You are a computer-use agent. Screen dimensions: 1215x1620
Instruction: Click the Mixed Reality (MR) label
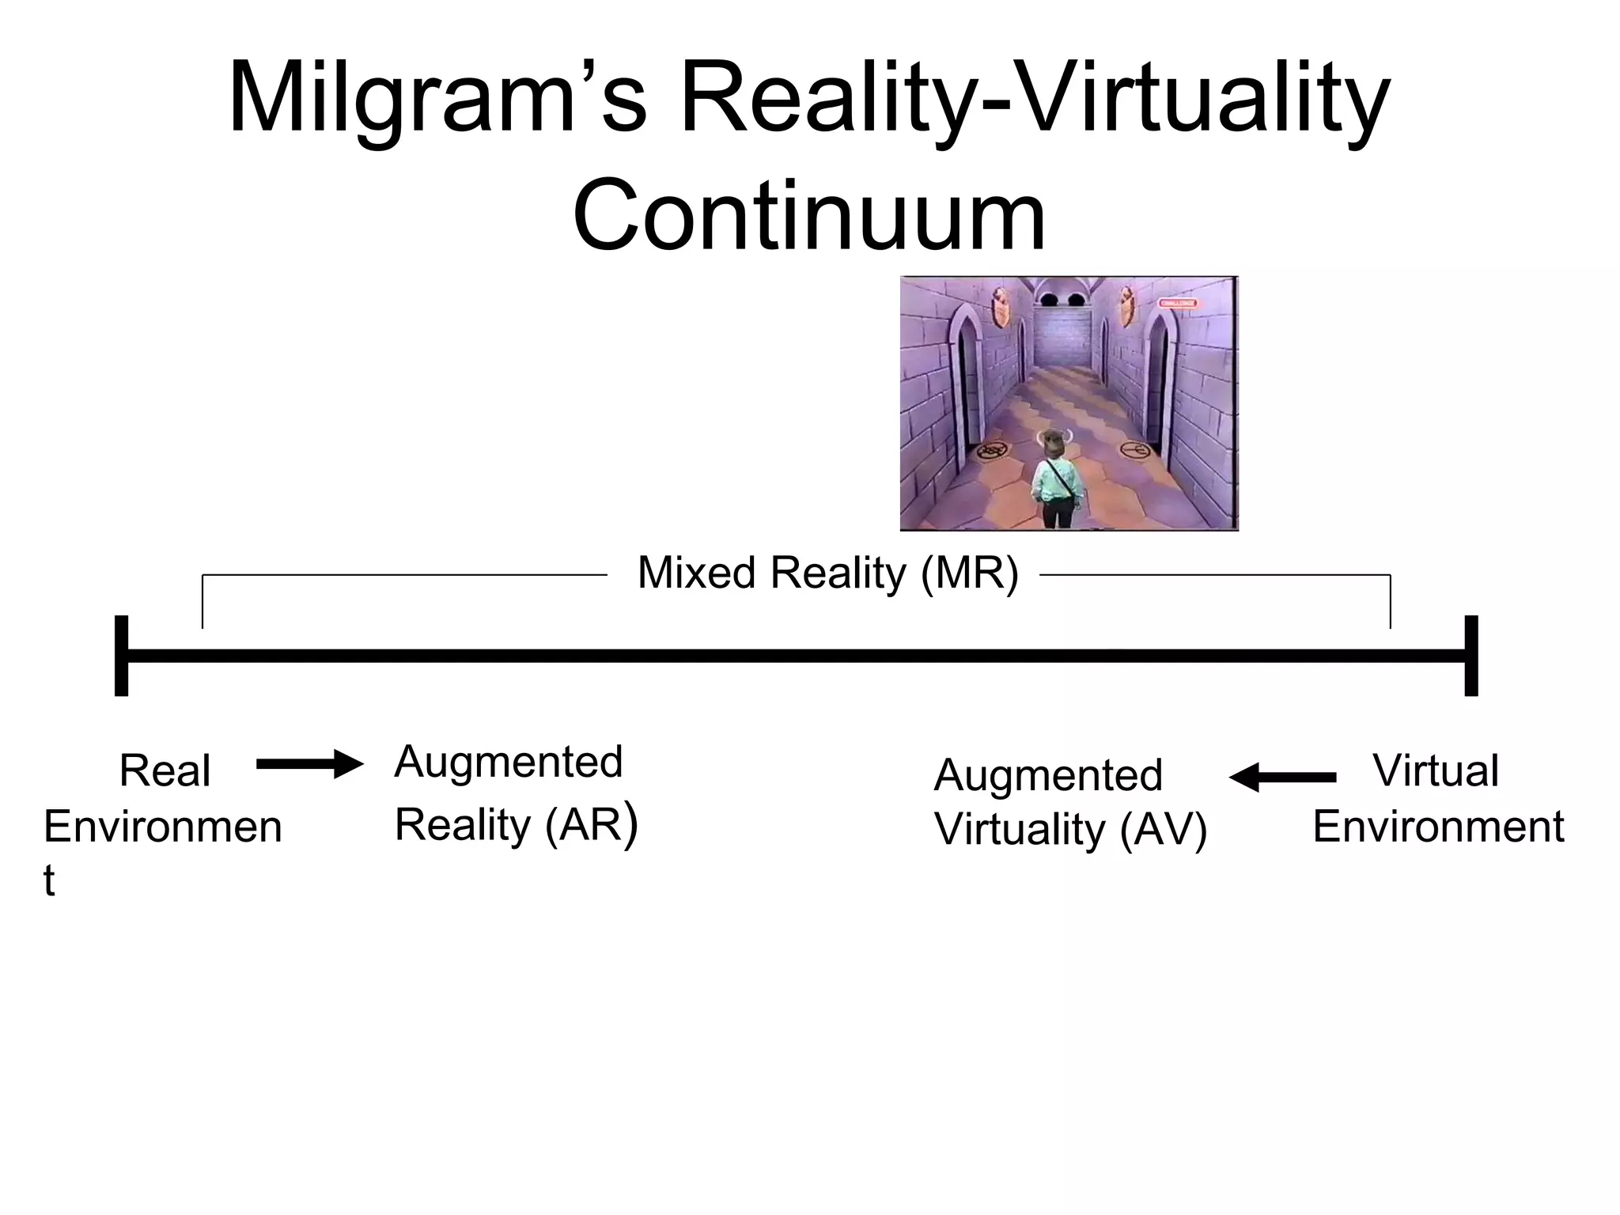click(x=827, y=573)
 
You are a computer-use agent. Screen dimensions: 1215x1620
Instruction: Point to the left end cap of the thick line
click(x=121, y=655)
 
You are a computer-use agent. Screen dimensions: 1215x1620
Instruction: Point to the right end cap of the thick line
click(x=1470, y=655)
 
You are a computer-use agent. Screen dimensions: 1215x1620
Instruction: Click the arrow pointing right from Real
click(x=309, y=764)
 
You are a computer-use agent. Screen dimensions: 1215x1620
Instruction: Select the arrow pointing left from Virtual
click(x=1282, y=778)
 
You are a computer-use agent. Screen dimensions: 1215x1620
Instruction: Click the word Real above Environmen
click(x=165, y=770)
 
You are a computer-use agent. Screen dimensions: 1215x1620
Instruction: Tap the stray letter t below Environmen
click(x=49, y=880)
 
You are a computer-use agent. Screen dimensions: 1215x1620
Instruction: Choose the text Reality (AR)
click(x=516, y=826)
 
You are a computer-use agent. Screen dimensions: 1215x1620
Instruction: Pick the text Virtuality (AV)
click(x=1070, y=830)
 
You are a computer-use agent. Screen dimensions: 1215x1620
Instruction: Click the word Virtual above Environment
click(x=1435, y=770)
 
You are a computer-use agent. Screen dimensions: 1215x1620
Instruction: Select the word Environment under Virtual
click(x=1438, y=827)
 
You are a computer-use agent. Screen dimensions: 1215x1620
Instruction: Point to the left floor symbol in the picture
click(x=990, y=452)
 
